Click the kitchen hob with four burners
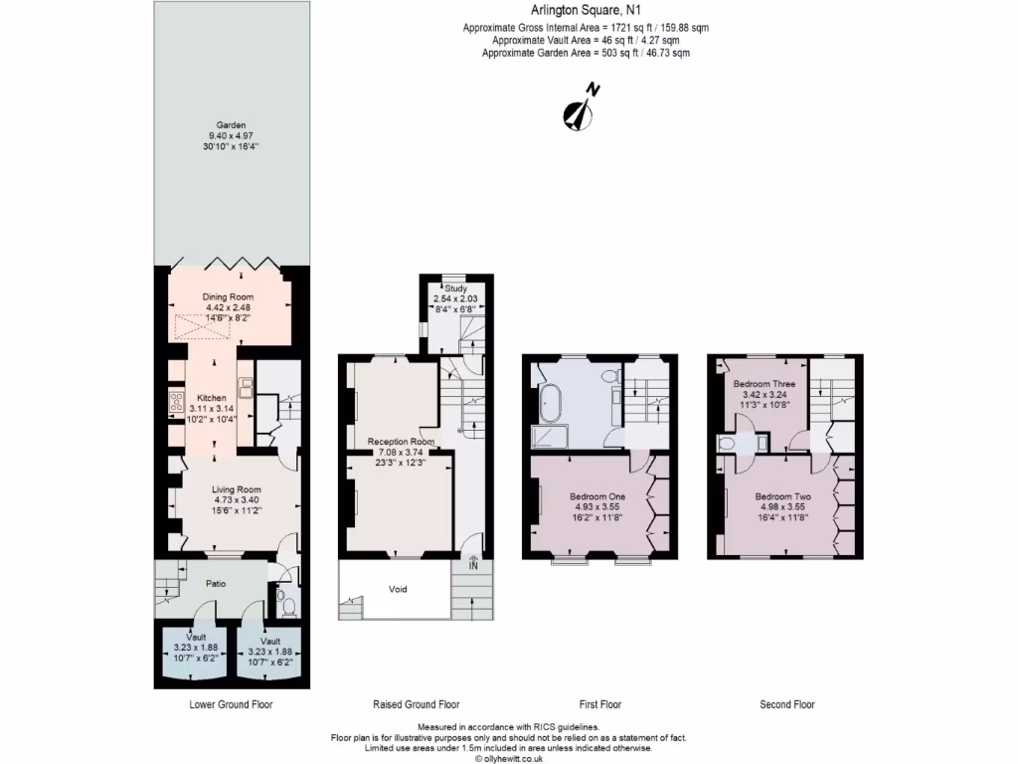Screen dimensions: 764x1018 tap(176, 403)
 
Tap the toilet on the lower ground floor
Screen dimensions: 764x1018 tap(285, 605)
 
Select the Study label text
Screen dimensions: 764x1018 tap(455, 288)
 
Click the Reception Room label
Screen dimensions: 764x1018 tap(402, 441)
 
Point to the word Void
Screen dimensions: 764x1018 tap(398, 589)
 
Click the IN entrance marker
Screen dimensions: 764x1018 tap(473, 564)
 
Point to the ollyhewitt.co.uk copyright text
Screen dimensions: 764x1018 tap(509, 758)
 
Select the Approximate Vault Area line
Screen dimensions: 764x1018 tap(586, 40)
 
